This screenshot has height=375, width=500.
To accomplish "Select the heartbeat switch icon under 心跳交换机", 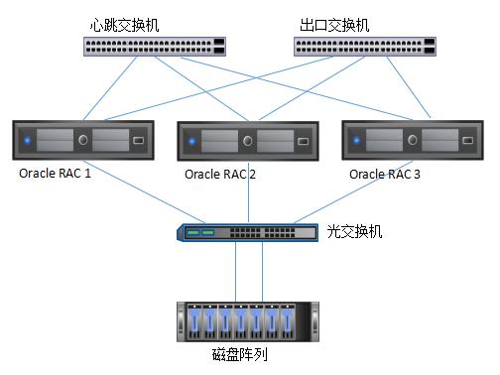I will tap(154, 46).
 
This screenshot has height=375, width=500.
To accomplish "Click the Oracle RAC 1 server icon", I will tap(83, 141).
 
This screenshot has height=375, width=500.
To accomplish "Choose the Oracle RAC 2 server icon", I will tap(247, 141).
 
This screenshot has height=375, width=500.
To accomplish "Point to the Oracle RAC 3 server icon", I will tap(410, 141).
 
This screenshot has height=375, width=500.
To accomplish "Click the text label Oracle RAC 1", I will tap(55, 174).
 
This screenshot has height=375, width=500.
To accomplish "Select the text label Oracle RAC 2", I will tap(220, 175).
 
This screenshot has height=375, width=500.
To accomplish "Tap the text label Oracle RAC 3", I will tap(386, 174).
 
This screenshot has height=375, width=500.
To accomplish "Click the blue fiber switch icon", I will tap(248, 233).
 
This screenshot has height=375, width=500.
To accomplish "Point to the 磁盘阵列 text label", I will tap(240, 354).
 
